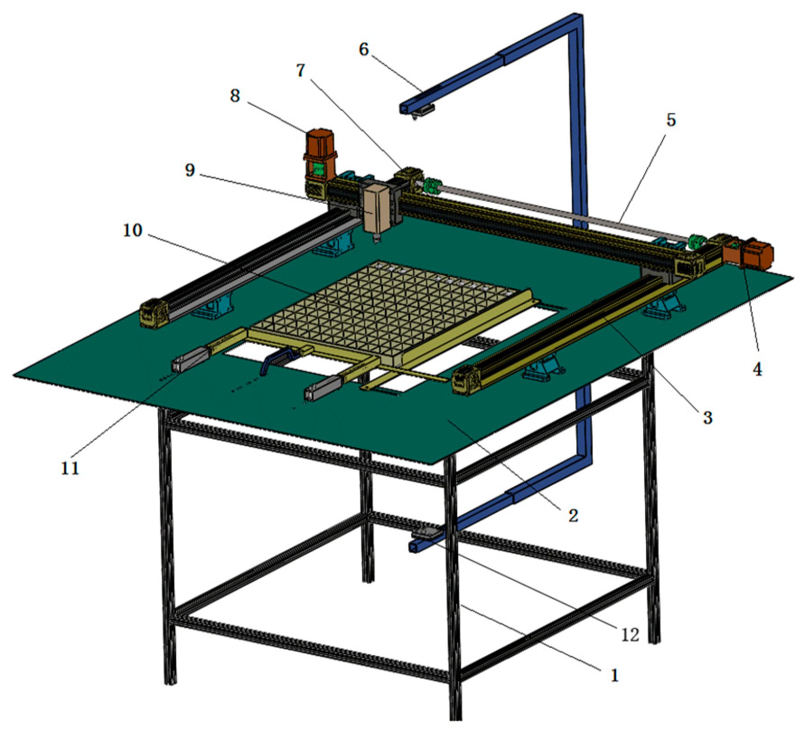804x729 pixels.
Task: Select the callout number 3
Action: pos(707,417)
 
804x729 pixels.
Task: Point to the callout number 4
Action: pos(757,369)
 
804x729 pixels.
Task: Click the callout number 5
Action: pos(671,120)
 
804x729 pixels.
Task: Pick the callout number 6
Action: pos(364,49)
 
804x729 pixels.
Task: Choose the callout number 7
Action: pos(300,70)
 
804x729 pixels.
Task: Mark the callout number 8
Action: pos(234,95)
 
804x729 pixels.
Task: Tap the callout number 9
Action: pos(190,170)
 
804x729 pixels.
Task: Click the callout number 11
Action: pos(70,468)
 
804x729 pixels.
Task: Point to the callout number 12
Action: pos(630,635)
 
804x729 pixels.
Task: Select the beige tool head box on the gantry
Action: pos(376,208)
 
